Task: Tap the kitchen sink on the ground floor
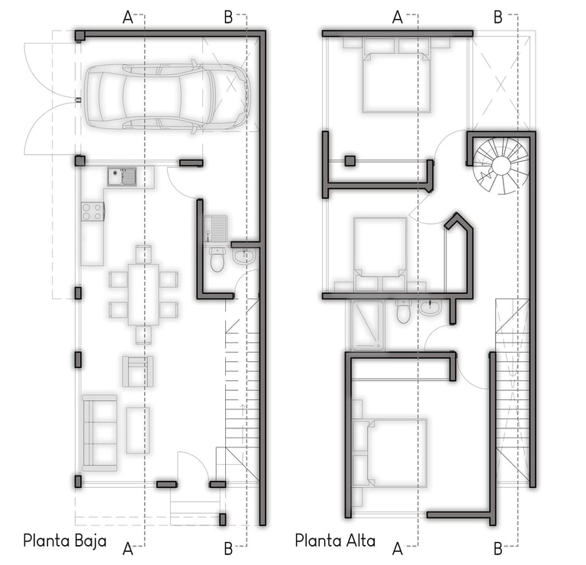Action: click(122, 177)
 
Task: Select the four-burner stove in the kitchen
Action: click(92, 211)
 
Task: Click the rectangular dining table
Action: click(143, 294)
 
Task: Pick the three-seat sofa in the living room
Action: click(100, 433)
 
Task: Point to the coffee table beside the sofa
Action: click(138, 430)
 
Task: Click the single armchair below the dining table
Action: click(137, 371)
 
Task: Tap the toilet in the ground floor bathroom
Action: click(217, 259)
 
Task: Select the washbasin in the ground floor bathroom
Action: click(244, 257)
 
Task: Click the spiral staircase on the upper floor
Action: click(501, 165)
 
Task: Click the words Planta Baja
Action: click(65, 541)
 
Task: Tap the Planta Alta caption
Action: click(335, 541)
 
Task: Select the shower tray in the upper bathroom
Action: click(368, 325)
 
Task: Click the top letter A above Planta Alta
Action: click(398, 18)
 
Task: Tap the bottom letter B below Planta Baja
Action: click(228, 549)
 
